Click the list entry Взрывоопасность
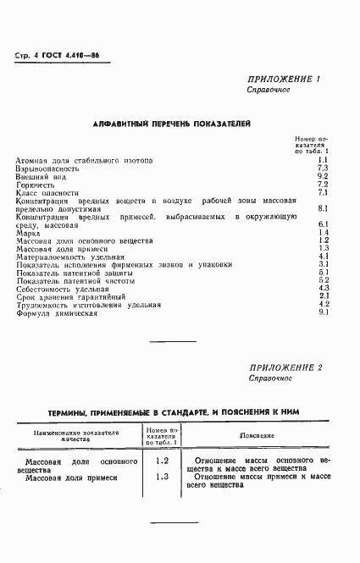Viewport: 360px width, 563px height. (x=47, y=168)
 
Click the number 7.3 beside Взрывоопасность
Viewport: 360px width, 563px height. (x=323, y=168)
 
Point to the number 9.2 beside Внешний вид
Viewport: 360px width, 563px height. (x=323, y=175)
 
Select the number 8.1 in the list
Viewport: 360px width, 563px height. (x=323, y=207)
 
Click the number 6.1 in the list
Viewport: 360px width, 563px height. (x=323, y=224)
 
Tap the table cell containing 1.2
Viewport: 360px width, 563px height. (x=163, y=461)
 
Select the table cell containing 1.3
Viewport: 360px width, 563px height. (x=163, y=477)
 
